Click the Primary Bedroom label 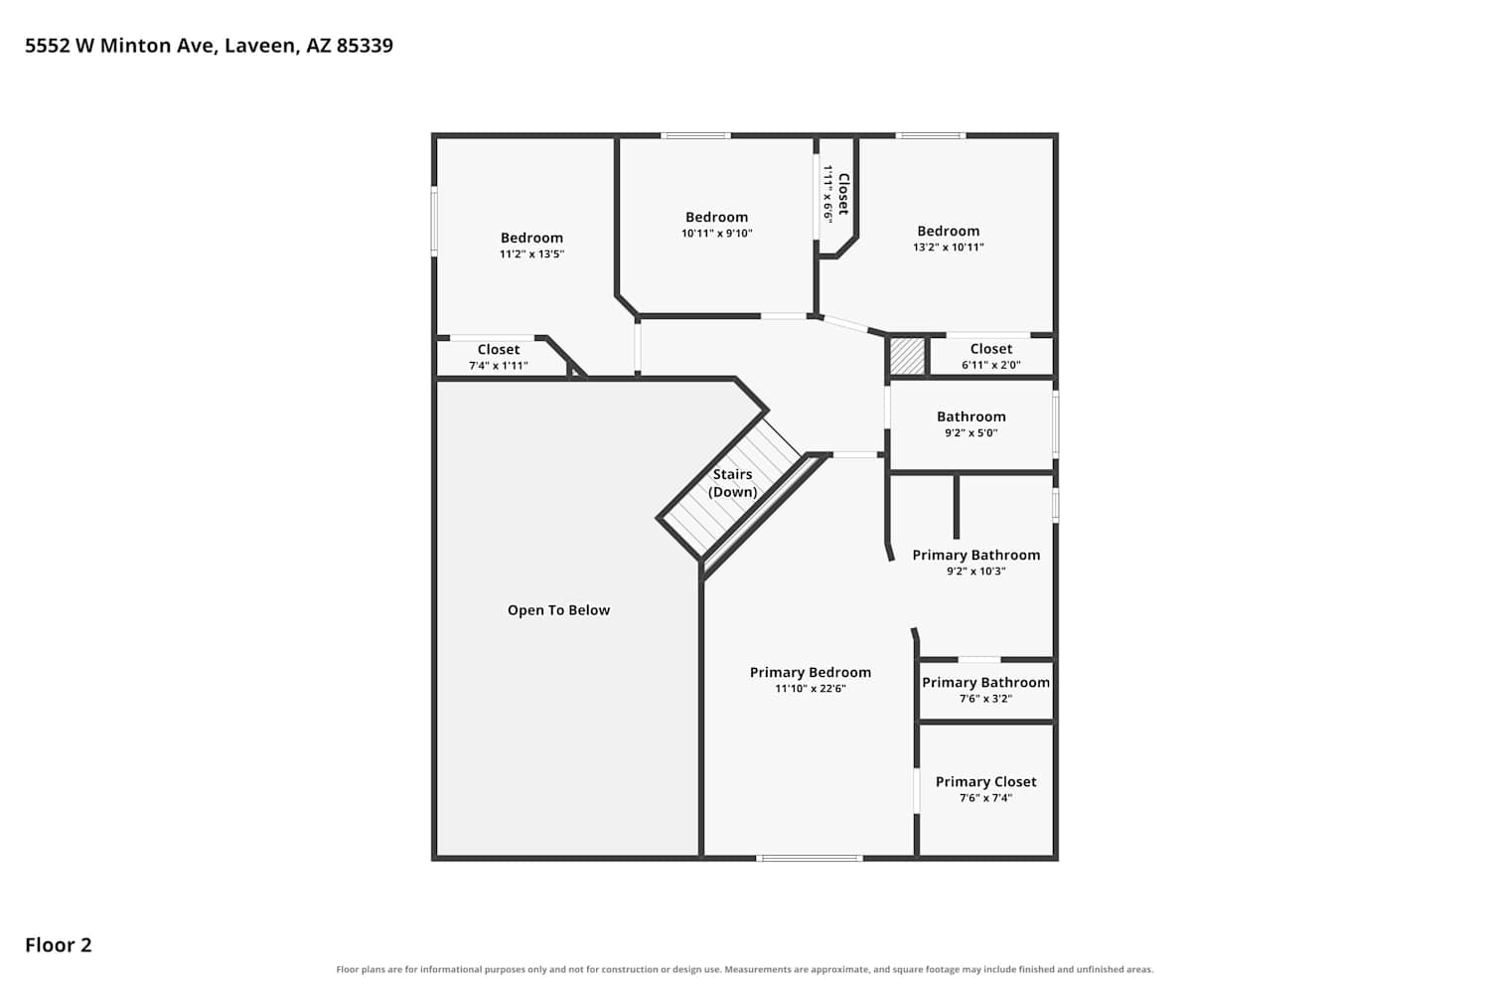pos(811,672)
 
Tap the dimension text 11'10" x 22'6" pos(811,689)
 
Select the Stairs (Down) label pos(732,483)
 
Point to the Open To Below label pos(558,610)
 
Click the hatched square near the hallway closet pos(907,356)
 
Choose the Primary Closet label pos(985,781)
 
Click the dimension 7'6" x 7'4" pos(985,797)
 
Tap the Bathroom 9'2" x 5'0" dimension pos(971,432)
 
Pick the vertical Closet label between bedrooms pos(843,194)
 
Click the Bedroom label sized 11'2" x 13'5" pos(531,238)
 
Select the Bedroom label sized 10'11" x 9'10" pos(716,217)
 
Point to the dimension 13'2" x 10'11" pos(949,247)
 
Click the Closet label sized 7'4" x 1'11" pos(499,350)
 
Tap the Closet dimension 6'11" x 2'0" pos(991,365)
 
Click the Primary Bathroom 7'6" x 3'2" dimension pos(985,699)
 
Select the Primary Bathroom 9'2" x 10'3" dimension pos(975,572)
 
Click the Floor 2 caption pos(59,945)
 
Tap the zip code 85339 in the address pos(365,46)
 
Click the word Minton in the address pos(136,46)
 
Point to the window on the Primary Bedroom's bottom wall pos(810,858)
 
